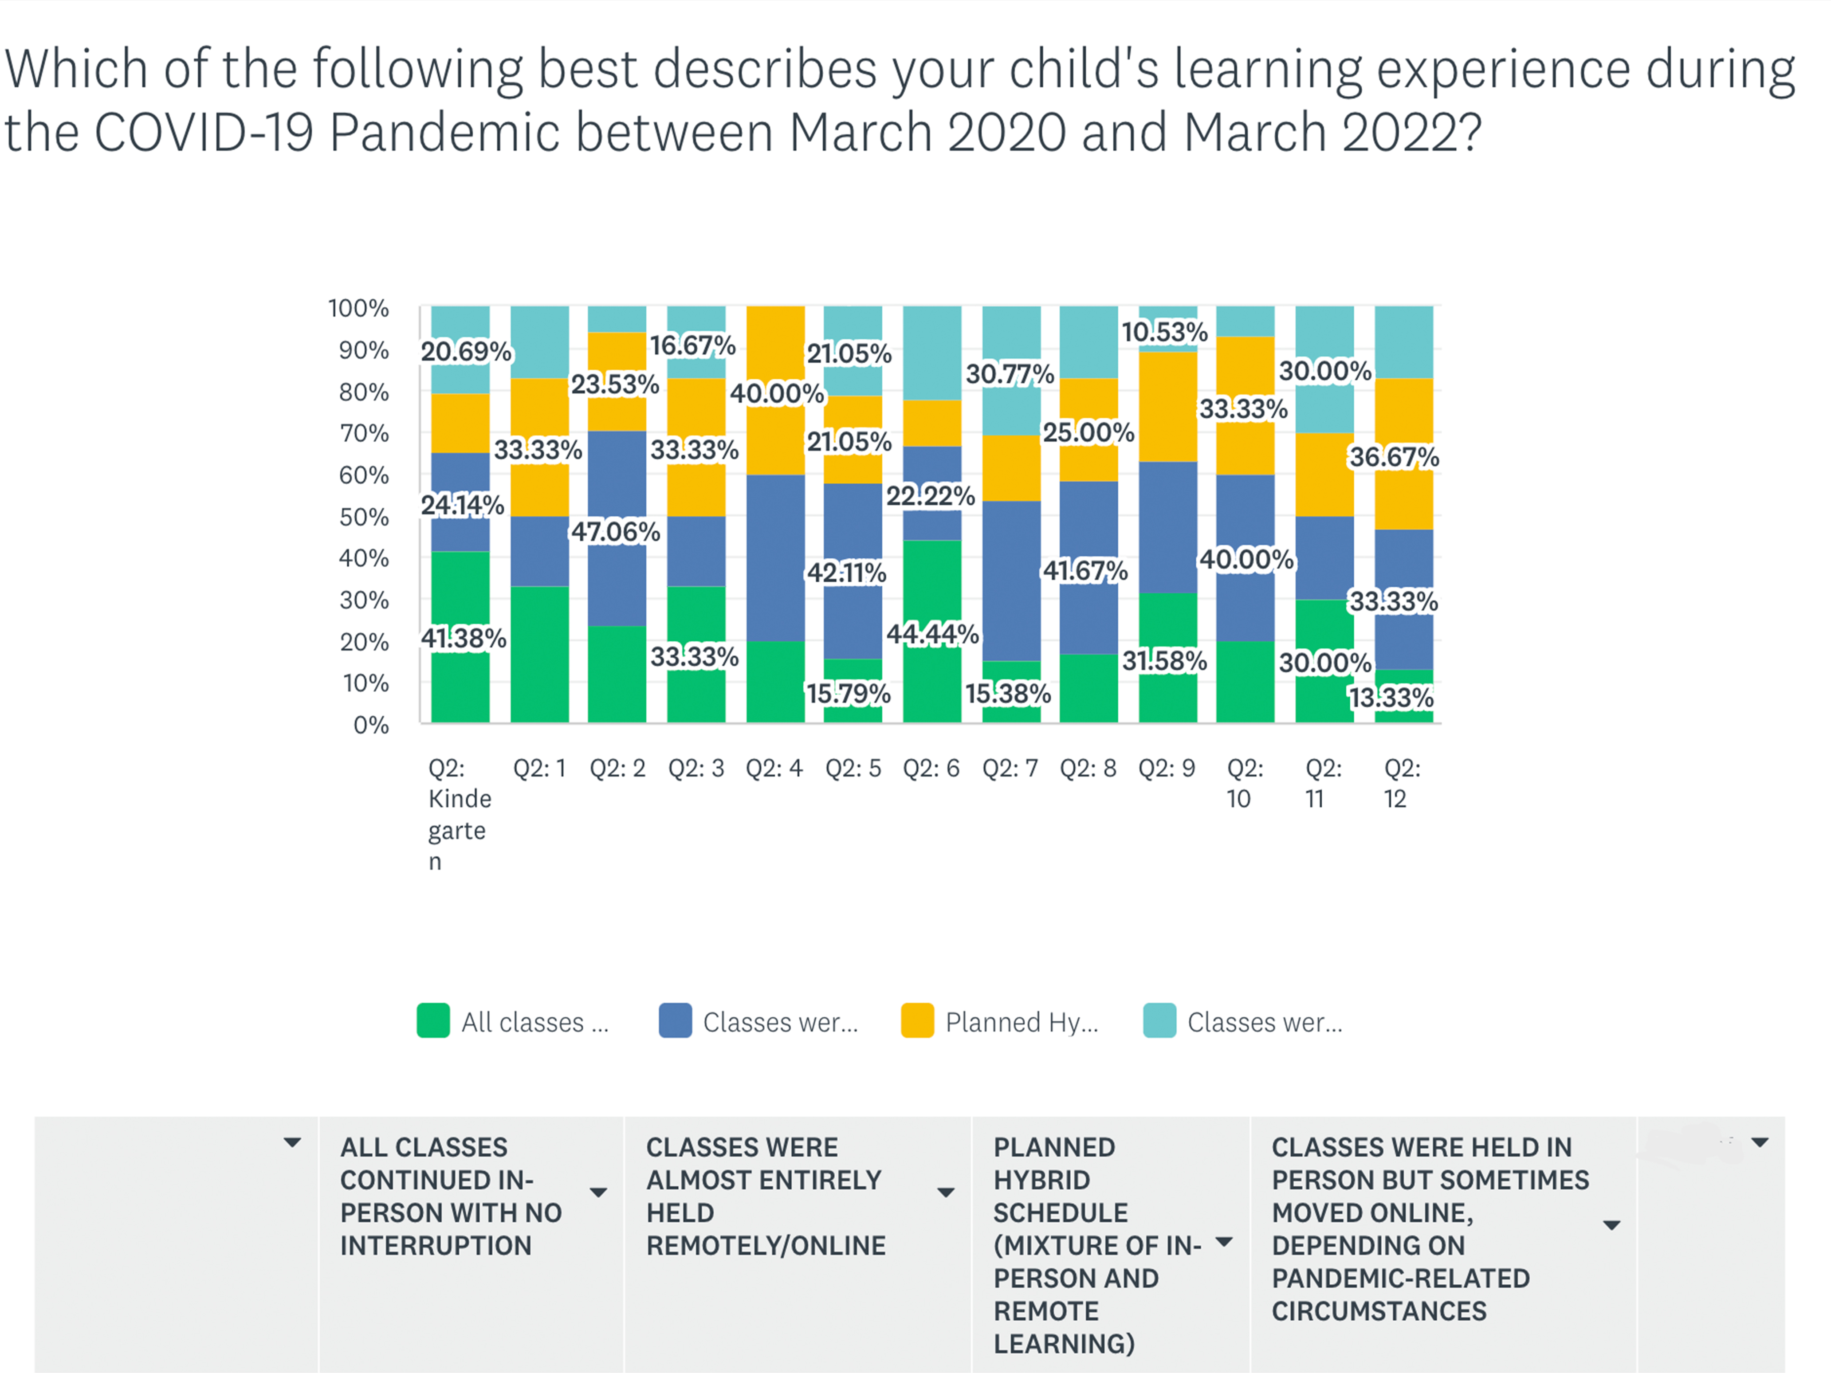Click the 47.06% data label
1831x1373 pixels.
[x=615, y=531]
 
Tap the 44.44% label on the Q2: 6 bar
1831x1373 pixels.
[x=932, y=634]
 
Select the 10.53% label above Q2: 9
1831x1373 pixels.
[x=1164, y=332]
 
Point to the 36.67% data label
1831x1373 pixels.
[x=1394, y=457]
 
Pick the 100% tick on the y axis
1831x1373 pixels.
[x=358, y=308]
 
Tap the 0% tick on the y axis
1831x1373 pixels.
[x=371, y=725]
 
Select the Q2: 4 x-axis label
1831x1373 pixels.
[x=774, y=768]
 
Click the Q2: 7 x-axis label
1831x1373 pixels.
[x=1010, y=768]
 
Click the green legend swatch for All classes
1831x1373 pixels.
[x=433, y=1020]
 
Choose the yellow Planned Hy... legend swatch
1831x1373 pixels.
[x=917, y=1020]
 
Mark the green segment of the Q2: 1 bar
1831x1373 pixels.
[x=540, y=654]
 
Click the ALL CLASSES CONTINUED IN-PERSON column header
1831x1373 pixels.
[x=451, y=1196]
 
